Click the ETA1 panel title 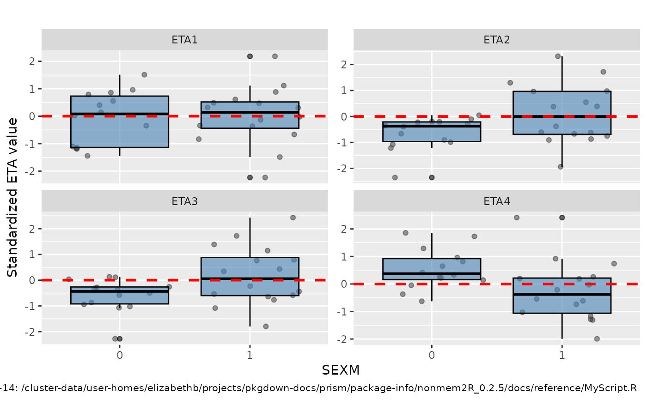[184, 40]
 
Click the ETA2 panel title [497, 40]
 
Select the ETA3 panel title [184, 201]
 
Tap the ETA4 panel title [497, 201]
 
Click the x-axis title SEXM [341, 370]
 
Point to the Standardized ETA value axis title [13, 197]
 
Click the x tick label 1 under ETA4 [562, 356]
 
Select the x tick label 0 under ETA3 [120, 356]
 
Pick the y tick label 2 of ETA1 [32, 61]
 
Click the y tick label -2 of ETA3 [30, 332]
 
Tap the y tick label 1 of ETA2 [343, 91]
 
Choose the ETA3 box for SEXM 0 [120, 295]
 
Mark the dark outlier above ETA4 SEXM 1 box [562, 218]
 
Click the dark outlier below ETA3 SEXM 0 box [120, 339]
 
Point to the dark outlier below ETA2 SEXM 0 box [432, 177]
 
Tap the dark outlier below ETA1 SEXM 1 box [250, 177]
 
